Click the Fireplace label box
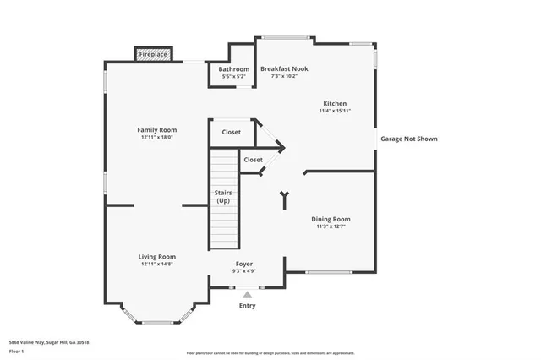153,54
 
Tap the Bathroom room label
234,68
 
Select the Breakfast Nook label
284,68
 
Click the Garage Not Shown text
409,139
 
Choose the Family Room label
157,129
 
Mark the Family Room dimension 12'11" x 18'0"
157,137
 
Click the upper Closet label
231,132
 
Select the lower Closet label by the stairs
253,159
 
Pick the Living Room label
157,256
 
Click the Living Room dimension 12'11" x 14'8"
157,264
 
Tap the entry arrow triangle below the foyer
247,295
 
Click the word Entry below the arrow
247,306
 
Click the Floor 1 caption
15,350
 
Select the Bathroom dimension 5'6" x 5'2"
234,76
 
